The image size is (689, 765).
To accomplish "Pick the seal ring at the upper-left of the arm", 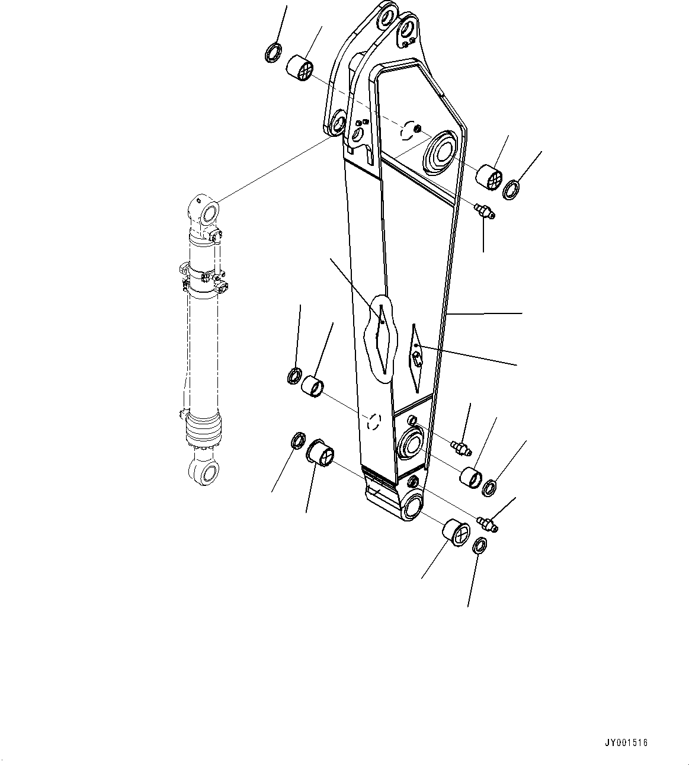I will click(x=273, y=53).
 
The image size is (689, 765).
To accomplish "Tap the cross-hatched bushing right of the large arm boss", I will click(x=491, y=176).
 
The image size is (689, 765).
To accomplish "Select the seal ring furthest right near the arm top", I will click(x=511, y=191).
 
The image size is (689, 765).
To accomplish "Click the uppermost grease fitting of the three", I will click(x=485, y=211).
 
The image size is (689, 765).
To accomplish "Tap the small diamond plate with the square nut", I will click(x=417, y=357).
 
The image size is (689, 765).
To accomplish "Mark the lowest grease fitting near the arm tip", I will click(x=488, y=524).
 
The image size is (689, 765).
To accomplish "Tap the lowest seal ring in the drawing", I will click(x=480, y=546).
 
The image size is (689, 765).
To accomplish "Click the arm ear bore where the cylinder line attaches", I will click(x=338, y=123).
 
